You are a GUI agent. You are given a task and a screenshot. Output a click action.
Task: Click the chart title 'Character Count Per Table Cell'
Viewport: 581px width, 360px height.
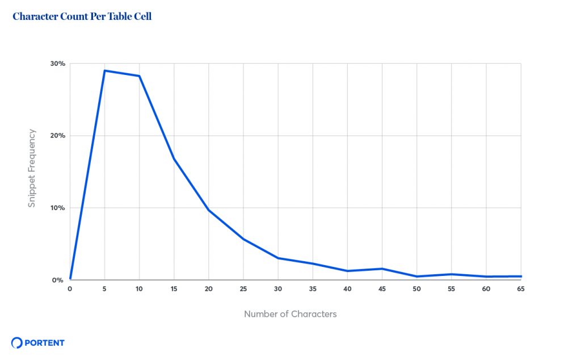[x=82, y=16]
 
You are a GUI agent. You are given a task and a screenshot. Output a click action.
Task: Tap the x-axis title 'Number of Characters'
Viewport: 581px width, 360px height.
[x=290, y=314]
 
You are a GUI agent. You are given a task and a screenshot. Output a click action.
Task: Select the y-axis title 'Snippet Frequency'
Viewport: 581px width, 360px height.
[x=32, y=168]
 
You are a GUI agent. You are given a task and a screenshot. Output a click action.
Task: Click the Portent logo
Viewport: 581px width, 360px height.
[x=38, y=342]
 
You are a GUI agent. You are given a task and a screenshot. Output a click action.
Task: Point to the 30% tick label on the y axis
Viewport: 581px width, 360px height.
[x=57, y=64]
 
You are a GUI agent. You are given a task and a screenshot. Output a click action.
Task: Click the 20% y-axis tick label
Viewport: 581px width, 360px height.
[x=57, y=136]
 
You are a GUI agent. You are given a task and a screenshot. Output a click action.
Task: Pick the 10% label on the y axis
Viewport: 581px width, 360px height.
[x=57, y=208]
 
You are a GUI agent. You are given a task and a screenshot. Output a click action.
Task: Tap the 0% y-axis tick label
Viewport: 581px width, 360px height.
[x=58, y=280]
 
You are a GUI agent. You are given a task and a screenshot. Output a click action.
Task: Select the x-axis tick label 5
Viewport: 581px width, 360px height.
[x=104, y=289]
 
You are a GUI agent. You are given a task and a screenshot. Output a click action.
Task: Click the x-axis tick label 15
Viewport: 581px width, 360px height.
[x=174, y=289]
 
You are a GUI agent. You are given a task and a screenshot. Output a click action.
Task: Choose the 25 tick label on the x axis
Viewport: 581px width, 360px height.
[x=243, y=289]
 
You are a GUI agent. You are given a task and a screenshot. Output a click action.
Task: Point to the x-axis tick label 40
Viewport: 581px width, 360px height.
[x=347, y=289]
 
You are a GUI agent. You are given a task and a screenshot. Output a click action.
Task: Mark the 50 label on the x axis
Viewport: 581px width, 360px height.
[x=417, y=289]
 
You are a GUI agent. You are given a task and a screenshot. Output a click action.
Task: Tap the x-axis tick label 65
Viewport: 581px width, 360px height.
[x=521, y=289]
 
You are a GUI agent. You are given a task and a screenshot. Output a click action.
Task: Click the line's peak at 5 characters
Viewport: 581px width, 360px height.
[x=104, y=70]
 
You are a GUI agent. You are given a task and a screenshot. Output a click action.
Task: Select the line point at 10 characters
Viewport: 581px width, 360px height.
[x=139, y=76]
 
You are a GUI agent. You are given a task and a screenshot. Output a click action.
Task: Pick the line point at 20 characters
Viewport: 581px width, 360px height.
[x=209, y=210]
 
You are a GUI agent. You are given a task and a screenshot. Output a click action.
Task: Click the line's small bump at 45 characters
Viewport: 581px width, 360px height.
[x=382, y=269]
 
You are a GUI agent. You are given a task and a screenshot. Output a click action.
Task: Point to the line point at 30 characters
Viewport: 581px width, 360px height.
[x=278, y=258]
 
